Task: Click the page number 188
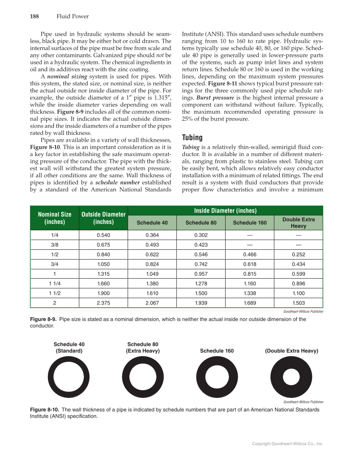[34, 17]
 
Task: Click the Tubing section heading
[192, 137]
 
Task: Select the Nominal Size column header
[54, 218]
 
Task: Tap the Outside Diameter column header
[103, 218]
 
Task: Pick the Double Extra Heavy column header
[299, 223]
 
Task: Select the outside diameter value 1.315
[103, 274]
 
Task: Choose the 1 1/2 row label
[54, 293]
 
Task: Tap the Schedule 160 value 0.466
[250, 254]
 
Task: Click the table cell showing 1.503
[299, 303]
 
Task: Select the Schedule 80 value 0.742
[201, 264]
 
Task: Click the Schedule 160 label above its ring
[217, 351]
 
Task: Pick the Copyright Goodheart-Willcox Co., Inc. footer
[287, 444]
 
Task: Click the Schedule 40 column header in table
[152, 223]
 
